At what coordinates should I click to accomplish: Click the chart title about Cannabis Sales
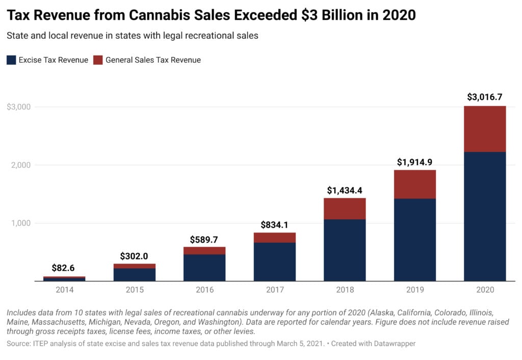click(211, 15)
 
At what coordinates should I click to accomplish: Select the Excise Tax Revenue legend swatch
click(11, 60)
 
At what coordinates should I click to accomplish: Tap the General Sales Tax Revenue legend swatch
click(98, 60)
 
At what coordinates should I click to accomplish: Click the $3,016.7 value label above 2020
click(485, 97)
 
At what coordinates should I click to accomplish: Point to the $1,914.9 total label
click(414, 162)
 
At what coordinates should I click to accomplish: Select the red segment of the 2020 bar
click(485, 129)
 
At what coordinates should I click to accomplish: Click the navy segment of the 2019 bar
click(414, 240)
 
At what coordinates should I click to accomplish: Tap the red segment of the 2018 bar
click(345, 209)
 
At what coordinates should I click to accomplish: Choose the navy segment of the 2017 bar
click(274, 262)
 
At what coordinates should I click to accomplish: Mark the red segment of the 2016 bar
click(204, 250)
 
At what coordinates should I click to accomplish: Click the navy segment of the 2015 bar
click(135, 274)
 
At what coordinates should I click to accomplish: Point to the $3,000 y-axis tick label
click(19, 107)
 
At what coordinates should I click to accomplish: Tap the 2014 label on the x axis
click(64, 290)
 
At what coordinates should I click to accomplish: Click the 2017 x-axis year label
click(274, 290)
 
